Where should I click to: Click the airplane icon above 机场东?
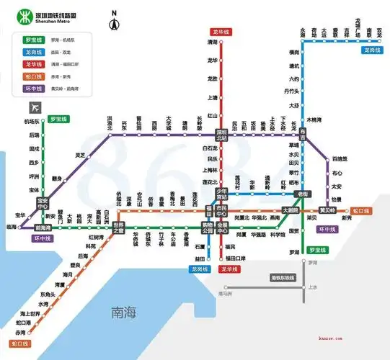point(29,108)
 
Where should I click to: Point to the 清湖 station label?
point(212,43)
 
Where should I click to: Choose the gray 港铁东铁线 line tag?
point(283,277)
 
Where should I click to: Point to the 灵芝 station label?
point(80,155)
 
